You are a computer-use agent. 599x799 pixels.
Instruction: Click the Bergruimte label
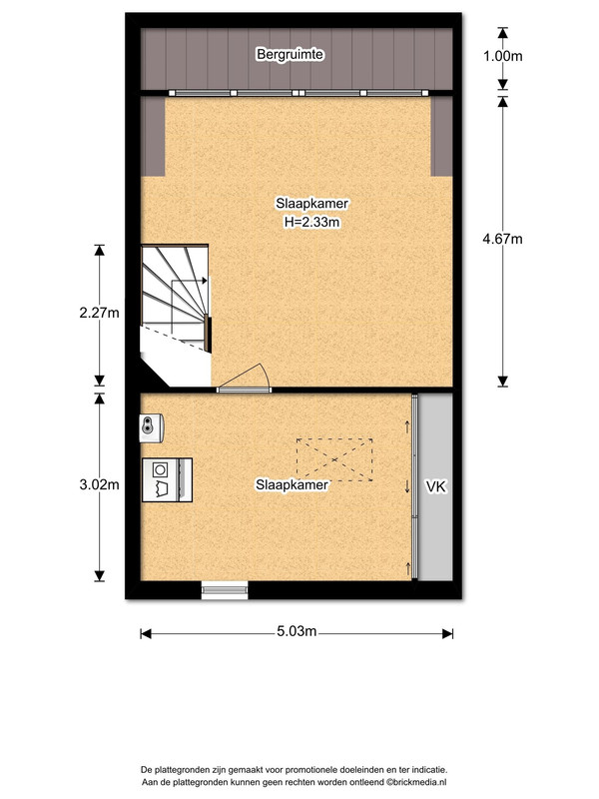[x=290, y=54]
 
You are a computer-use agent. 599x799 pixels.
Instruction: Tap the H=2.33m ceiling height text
[x=311, y=222]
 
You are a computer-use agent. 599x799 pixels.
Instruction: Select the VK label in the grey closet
[x=436, y=486]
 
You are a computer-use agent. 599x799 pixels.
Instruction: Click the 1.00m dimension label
[x=503, y=56]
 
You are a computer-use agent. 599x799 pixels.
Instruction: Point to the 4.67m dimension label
[x=503, y=239]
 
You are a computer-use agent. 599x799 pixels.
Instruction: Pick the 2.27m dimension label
[x=99, y=312]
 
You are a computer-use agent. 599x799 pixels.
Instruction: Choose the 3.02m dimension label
[x=99, y=484]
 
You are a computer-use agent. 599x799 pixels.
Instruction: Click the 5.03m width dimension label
[x=297, y=631]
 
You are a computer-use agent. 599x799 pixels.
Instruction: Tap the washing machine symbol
[x=167, y=480]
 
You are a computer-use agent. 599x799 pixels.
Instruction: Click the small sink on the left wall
[x=152, y=427]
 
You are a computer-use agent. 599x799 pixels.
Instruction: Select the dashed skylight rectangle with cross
[x=334, y=459]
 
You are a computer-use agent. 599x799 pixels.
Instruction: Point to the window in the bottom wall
[x=225, y=590]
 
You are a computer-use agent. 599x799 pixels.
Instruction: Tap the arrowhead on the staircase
[x=205, y=281]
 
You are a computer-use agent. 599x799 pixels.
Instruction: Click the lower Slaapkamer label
[x=292, y=484]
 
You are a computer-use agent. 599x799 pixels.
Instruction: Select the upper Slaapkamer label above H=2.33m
[x=311, y=204]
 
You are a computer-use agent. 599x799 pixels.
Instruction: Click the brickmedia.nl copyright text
[x=416, y=782]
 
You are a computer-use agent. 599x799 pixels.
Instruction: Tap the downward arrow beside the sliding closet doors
[x=407, y=486]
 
